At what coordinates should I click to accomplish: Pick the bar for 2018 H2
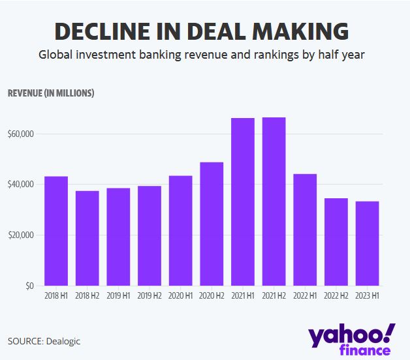[x=87, y=238]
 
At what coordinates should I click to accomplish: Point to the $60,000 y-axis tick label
[x=21, y=134]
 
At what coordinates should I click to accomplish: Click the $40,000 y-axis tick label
[x=21, y=185]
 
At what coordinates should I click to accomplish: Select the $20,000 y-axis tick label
[x=21, y=235]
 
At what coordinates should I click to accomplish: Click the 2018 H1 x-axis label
[x=55, y=296]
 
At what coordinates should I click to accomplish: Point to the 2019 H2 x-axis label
[x=149, y=296]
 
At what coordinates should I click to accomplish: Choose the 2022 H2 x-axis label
[x=336, y=296]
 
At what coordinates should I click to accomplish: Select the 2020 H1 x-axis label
[x=180, y=296]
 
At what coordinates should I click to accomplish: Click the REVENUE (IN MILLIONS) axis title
[x=51, y=93]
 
